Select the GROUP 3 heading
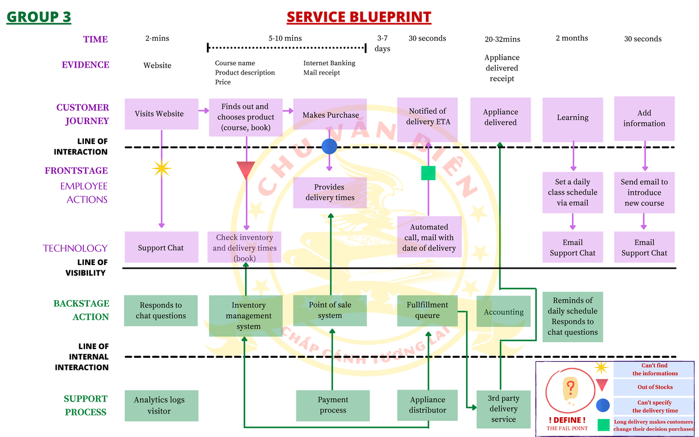coord(38,17)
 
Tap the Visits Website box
coord(159,114)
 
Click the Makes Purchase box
coord(330,115)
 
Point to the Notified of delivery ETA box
coord(428,117)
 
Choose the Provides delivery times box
coord(330,192)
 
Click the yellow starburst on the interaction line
coord(161,168)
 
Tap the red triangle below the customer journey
coord(246,170)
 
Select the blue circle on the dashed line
coord(330,146)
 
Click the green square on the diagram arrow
coord(428,173)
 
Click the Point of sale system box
coord(330,310)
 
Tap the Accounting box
coord(503,312)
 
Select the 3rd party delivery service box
coord(503,409)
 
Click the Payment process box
coord(333,405)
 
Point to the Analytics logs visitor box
coord(159,405)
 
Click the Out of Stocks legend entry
coord(655,387)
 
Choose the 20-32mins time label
coord(502,39)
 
